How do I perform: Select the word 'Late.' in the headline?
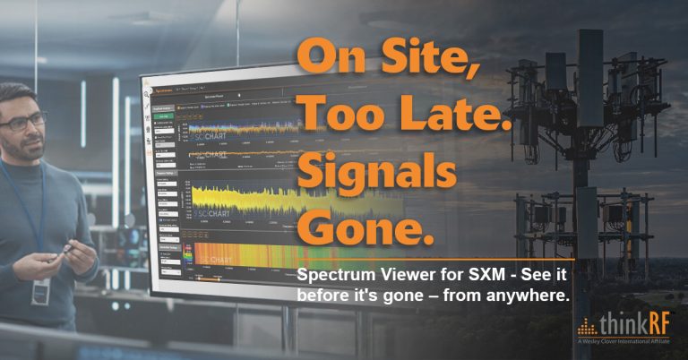(453, 113)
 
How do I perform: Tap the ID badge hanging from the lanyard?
(40, 290)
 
